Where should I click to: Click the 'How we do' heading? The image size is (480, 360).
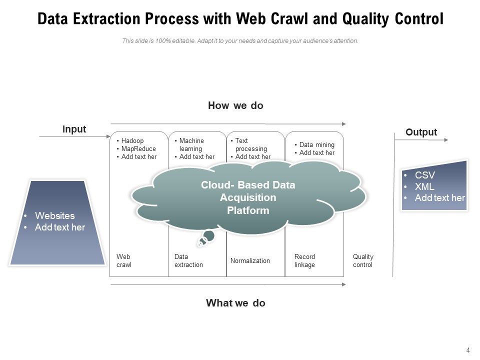tap(235, 105)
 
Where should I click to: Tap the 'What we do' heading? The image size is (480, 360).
tap(235, 303)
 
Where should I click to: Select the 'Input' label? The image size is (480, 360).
tap(74, 129)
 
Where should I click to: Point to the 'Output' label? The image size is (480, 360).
tap(421, 132)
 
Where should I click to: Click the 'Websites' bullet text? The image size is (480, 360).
tap(54, 216)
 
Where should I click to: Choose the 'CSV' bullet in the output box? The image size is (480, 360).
tap(424, 175)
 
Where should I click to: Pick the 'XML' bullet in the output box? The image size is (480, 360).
tap(424, 186)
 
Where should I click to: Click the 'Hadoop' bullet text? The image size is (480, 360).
tap(132, 141)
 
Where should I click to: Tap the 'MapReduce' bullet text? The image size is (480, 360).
tap(138, 149)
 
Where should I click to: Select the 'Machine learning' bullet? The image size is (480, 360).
tap(191, 145)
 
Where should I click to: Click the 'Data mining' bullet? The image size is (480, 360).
tap(316, 145)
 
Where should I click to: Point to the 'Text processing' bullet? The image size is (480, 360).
tap(251, 145)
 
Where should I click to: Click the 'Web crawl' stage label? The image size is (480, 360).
tap(124, 260)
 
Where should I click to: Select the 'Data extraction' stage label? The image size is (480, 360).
tap(188, 260)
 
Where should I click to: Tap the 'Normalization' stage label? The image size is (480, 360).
tap(250, 260)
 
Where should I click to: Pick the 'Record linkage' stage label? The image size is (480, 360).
tap(304, 260)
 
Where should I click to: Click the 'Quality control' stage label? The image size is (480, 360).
tap(363, 260)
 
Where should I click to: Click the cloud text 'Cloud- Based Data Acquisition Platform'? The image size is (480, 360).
tap(248, 198)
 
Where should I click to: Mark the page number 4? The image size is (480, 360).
tap(468, 350)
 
